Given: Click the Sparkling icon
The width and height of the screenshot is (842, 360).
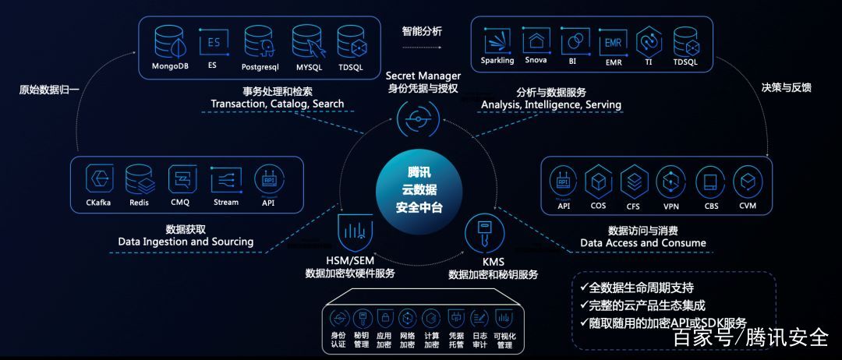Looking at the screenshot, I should point(497,41).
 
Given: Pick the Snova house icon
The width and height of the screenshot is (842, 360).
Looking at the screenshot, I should point(536,41).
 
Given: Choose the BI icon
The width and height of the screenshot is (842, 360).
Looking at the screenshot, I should point(573,41).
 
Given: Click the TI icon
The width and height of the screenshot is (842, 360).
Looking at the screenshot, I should point(649,41).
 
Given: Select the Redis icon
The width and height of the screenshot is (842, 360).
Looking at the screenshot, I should point(139,180).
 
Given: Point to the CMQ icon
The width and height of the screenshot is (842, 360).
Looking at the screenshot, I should point(181,180).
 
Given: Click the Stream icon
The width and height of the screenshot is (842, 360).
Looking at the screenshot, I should point(226,180).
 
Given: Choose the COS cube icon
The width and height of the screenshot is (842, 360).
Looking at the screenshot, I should point(598,182).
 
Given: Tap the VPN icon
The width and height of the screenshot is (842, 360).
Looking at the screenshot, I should point(670,182).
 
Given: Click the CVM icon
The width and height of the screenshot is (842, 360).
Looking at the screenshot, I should point(747,182).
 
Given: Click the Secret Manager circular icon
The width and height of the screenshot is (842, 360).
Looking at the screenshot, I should point(419,119).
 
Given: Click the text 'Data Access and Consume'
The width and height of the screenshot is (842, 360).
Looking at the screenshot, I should point(643,243).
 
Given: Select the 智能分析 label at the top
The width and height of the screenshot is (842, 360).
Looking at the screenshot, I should point(422,31).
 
